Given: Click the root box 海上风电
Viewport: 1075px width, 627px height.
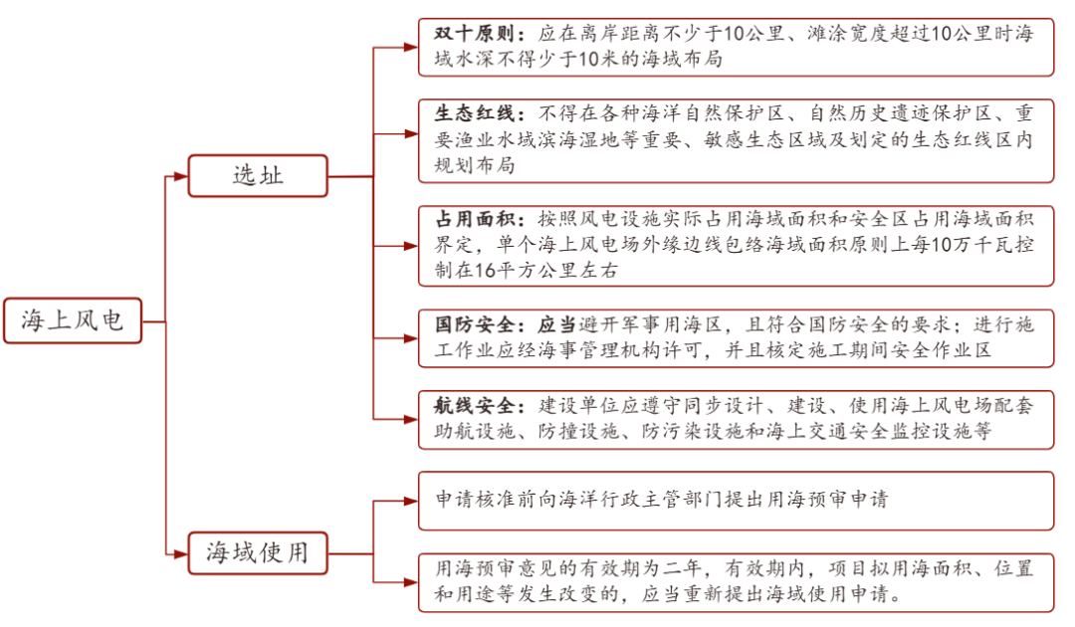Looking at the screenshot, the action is click(73, 320).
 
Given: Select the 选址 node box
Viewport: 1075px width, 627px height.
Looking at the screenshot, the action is click(258, 176).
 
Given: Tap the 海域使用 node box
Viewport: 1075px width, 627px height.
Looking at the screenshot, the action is click(258, 553).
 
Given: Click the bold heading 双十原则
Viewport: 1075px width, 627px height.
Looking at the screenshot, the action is click(474, 34).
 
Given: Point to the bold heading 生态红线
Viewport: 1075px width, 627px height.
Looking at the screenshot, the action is click(474, 113).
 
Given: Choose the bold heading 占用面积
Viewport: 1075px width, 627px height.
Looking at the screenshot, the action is click(474, 219).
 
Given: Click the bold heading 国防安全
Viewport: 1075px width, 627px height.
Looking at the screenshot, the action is click(474, 324).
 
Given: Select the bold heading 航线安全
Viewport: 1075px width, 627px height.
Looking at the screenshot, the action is click(474, 406).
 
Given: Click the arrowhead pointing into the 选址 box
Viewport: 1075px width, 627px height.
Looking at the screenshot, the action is click(181, 176).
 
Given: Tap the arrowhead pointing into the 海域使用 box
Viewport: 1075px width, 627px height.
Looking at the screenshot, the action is click(181, 553).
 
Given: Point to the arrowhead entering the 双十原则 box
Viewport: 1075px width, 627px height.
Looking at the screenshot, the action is click(411, 48).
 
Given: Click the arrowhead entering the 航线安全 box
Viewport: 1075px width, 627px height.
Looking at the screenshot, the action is click(411, 419).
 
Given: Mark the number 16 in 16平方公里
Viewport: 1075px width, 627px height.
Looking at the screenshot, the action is click(485, 271).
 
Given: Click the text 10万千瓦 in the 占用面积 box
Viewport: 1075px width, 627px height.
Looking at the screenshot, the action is click(982, 245).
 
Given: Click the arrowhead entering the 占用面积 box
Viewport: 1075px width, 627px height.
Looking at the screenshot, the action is click(411, 245).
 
